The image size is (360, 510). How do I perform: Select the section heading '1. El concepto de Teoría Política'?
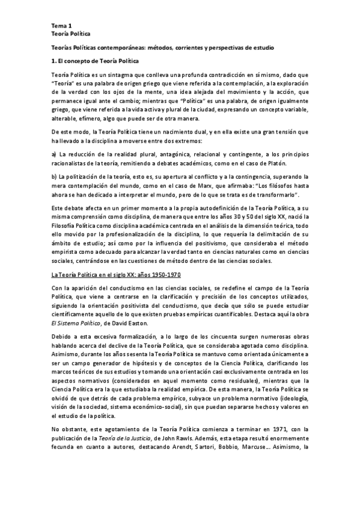click(x=95, y=61)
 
